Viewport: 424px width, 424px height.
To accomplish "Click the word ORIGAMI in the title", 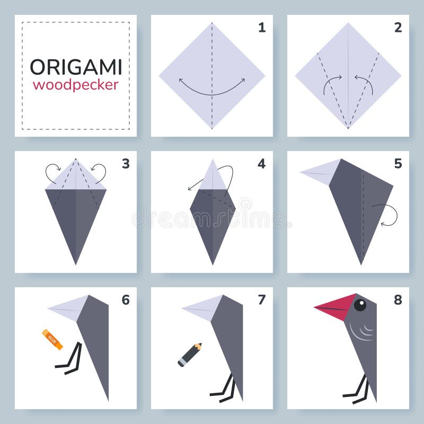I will click(x=76, y=67).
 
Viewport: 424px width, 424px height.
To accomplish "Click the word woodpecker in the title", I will click(x=76, y=85).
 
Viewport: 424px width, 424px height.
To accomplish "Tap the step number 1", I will click(x=262, y=28).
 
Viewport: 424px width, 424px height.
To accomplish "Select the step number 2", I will click(x=398, y=28).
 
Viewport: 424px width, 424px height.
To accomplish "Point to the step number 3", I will click(x=126, y=164).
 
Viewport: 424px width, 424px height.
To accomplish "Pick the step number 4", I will click(x=262, y=164).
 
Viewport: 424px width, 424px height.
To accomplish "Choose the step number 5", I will click(x=398, y=164).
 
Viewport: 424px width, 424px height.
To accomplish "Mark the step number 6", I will click(x=126, y=300).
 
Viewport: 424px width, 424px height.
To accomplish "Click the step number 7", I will click(x=262, y=300).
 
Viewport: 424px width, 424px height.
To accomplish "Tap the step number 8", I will click(x=398, y=300).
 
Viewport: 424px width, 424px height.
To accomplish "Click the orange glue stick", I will click(x=52, y=339).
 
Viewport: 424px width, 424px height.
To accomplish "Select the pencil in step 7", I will click(x=189, y=355).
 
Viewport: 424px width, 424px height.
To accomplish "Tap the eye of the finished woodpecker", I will click(x=360, y=305).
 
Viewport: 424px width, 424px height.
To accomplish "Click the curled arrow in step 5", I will click(x=387, y=215).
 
